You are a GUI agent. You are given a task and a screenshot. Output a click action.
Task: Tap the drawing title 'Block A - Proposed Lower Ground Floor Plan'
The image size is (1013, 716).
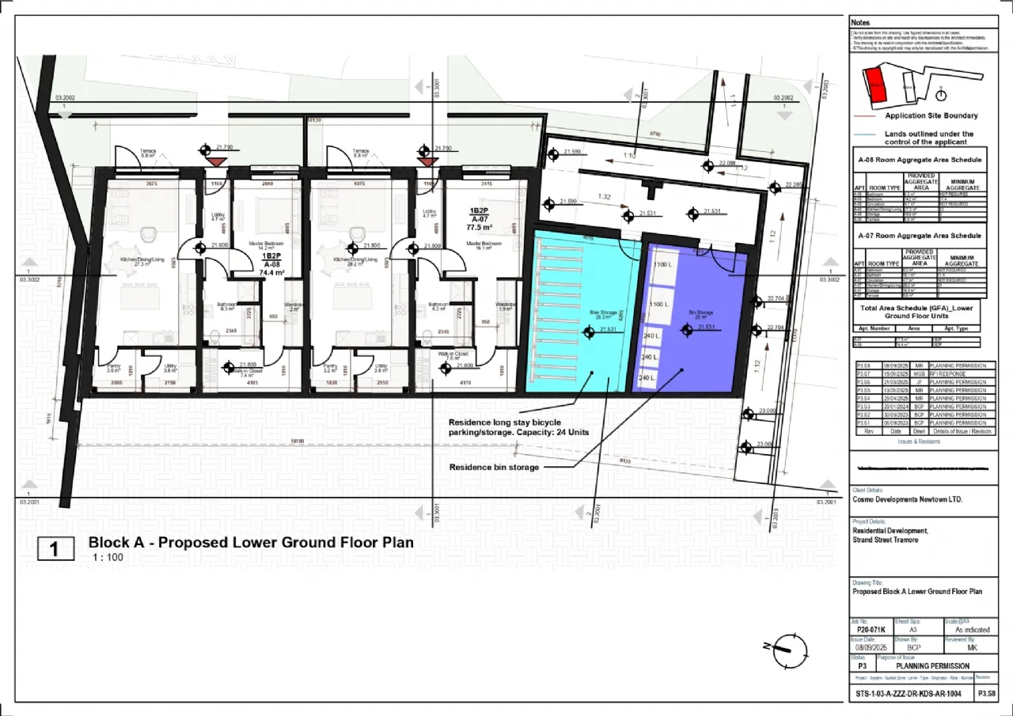[x=250, y=543]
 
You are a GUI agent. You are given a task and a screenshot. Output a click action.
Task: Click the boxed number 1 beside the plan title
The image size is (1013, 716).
[x=56, y=548]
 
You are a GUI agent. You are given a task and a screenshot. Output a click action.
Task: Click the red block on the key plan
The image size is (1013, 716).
[x=875, y=85]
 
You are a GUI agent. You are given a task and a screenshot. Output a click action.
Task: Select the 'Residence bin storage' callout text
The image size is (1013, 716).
[x=494, y=468]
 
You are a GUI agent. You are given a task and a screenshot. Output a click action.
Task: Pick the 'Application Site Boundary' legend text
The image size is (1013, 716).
[x=931, y=116]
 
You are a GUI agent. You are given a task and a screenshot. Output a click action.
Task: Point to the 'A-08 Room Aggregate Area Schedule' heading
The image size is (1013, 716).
[x=920, y=159]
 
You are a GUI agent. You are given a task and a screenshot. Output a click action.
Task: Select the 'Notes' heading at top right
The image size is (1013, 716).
[x=860, y=23]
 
